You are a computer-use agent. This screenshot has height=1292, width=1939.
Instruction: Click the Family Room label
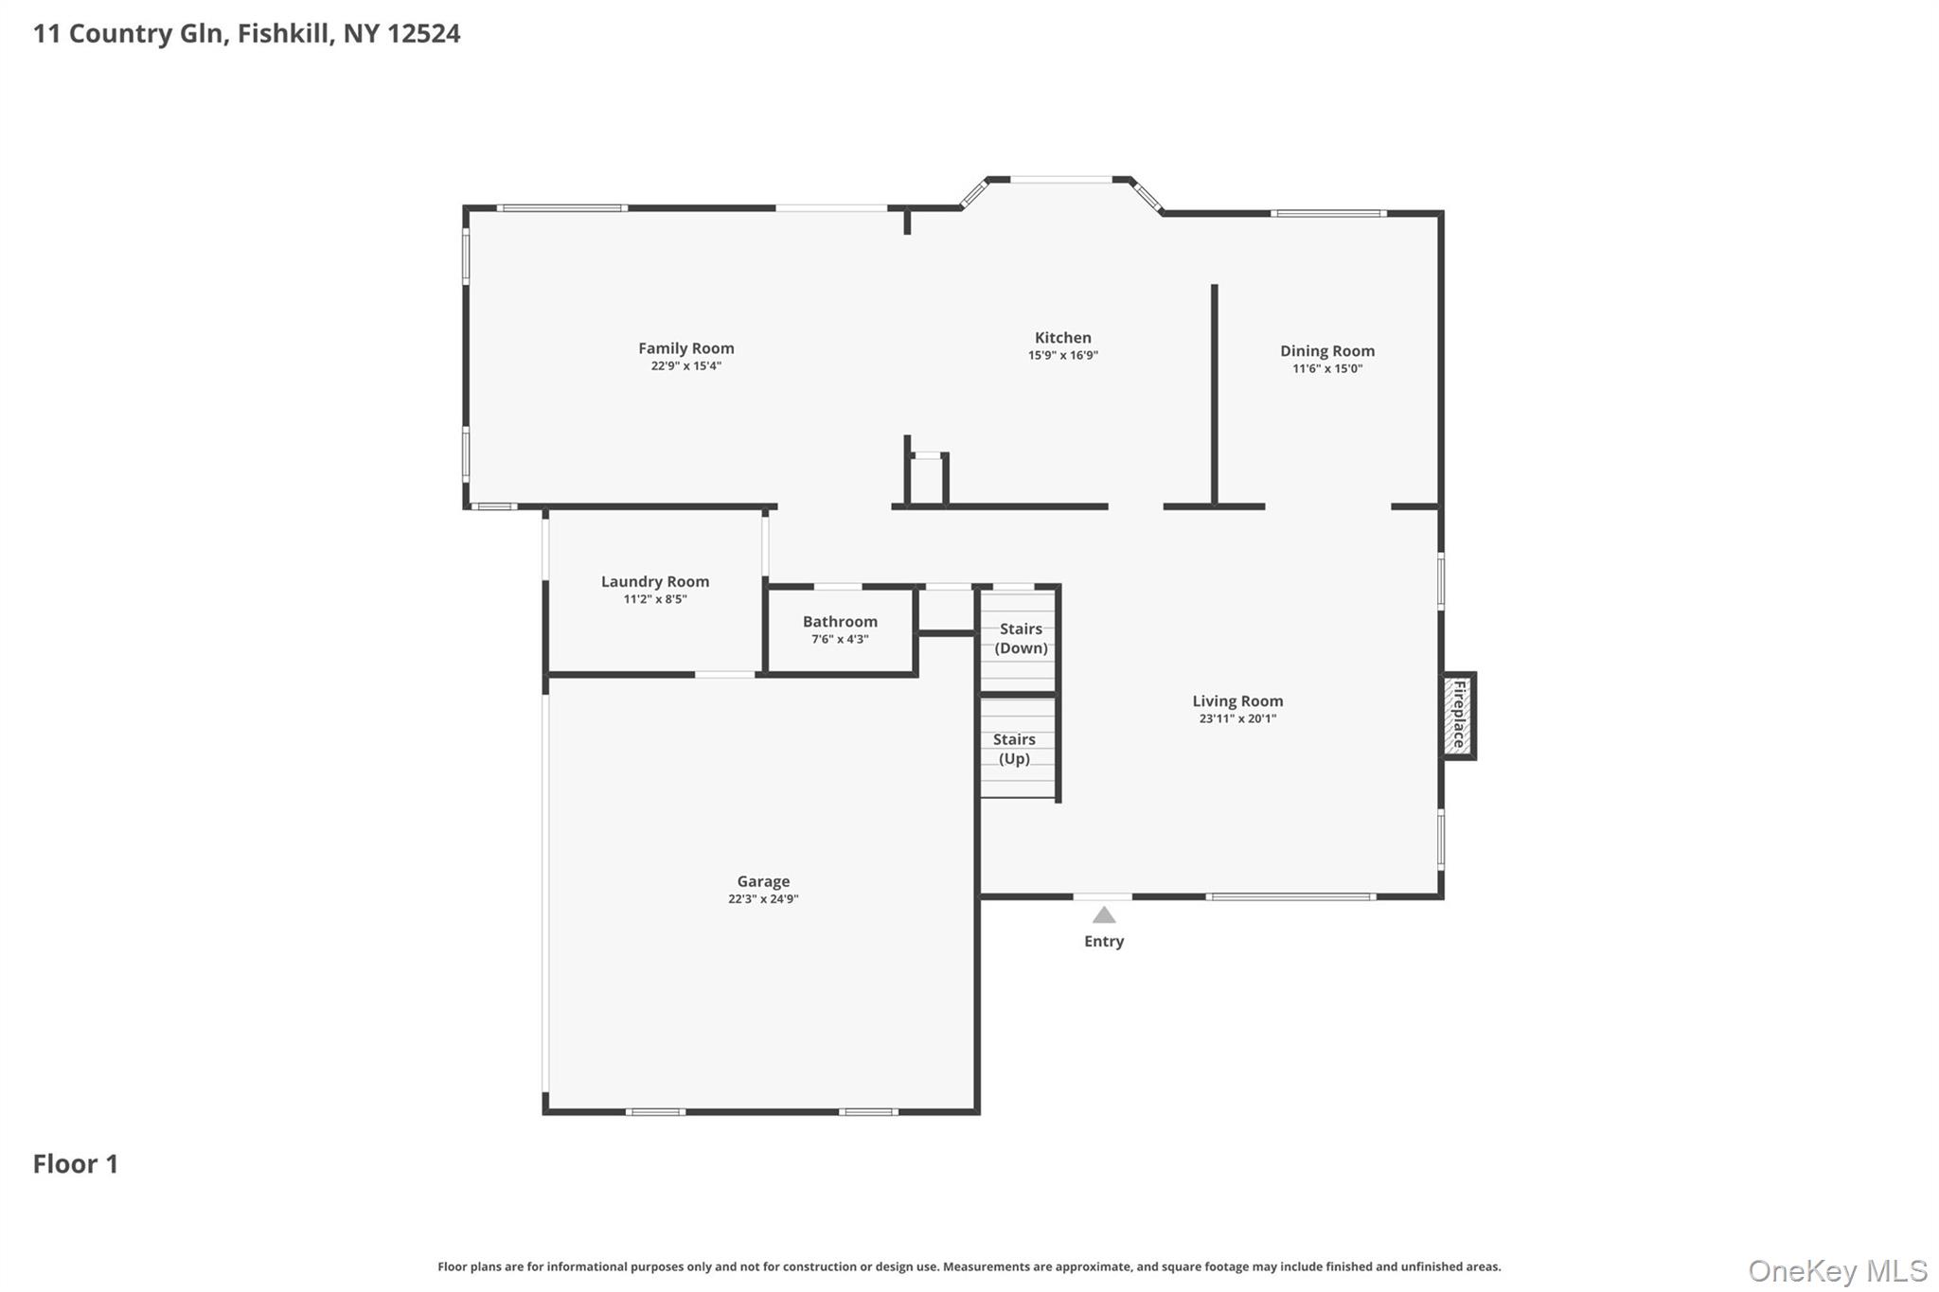click(x=685, y=348)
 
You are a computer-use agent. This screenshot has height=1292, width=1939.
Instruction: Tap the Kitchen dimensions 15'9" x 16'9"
click(x=1063, y=356)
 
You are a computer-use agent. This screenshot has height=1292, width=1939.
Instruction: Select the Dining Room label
click(x=1327, y=351)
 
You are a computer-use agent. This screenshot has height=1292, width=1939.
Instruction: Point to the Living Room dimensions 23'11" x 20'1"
click(x=1237, y=718)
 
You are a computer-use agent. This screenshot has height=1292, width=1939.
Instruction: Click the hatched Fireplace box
click(x=1458, y=715)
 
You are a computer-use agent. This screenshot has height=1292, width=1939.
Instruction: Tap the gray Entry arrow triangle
click(x=1104, y=915)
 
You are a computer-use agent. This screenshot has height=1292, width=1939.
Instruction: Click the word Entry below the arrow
click(x=1104, y=941)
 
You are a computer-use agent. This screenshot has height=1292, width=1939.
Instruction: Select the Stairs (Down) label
click(x=1021, y=638)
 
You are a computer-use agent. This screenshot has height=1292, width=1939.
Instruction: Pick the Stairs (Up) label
click(x=1014, y=749)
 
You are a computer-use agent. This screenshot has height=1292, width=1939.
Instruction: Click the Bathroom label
click(x=840, y=622)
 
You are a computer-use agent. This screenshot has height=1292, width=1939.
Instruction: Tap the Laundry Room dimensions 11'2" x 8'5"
click(x=655, y=599)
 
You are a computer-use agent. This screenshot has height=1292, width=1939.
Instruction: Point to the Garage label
click(x=763, y=881)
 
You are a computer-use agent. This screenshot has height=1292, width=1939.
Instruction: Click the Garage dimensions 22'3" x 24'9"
click(x=763, y=899)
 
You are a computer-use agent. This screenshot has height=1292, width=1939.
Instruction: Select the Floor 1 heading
click(x=76, y=1163)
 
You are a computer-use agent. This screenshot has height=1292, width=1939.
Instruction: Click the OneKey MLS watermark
click(x=1838, y=1270)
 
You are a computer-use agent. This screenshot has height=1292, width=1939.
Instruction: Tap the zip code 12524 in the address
click(x=424, y=33)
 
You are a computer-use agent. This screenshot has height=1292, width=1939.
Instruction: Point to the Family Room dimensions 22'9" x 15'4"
click(x=685, y=366)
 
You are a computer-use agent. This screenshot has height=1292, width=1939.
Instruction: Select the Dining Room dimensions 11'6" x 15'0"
click(x=1327, y=369)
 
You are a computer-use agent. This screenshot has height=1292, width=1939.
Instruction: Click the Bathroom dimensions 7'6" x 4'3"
click(x=840, y=639)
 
